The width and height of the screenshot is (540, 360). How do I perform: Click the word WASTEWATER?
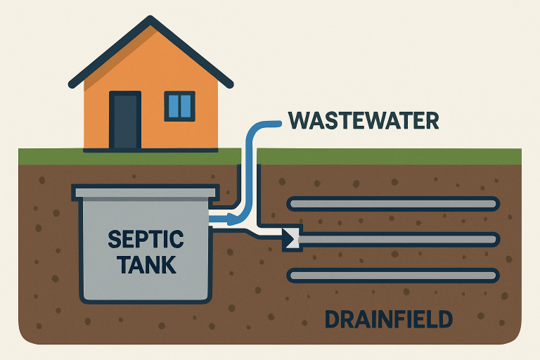point(364,120)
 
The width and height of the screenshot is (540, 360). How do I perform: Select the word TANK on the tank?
point(146,265)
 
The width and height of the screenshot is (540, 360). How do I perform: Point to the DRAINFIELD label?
point(387,320)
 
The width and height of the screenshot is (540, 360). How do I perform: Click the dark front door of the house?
point(125,120)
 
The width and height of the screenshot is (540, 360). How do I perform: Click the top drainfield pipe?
point(393,204)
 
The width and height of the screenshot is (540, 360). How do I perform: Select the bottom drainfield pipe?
point(393,276)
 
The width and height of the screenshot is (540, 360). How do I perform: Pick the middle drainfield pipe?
point(401,240)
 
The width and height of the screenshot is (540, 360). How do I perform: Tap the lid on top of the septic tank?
point(145,191)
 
